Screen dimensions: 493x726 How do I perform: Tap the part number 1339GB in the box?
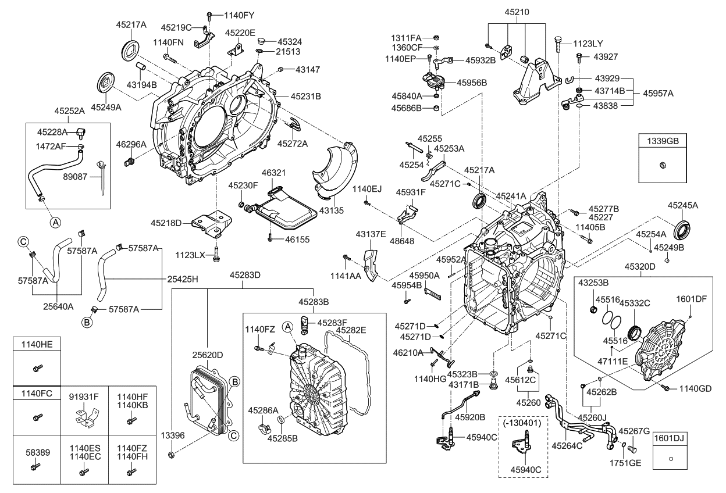[x=663, y=140]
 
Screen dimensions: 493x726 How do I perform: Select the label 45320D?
[x=640, y=267]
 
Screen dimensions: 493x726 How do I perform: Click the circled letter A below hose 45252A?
[x=54, y=222]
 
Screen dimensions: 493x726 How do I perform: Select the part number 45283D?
[x=244, y=274]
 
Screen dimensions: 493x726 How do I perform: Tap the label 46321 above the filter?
[x=273, y=173]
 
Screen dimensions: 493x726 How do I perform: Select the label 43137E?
[x=371, y=234]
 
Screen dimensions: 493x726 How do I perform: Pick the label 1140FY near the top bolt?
[x=239, y=14]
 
